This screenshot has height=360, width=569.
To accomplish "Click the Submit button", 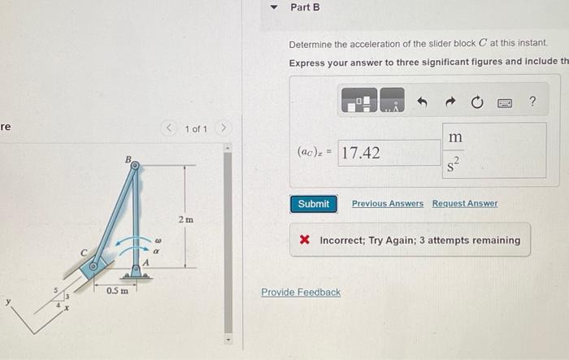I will [313, 204].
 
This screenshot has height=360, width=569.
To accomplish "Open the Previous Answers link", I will [387, 203].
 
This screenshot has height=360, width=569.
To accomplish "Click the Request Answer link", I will [465, 203].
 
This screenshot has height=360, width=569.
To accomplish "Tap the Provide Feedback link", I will [301, 292].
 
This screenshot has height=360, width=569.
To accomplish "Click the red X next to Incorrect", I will [304, 241].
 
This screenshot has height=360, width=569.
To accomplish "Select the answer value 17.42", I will [362, 153].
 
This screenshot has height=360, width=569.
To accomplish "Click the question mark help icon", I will [532, 102].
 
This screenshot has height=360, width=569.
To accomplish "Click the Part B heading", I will [305, 7].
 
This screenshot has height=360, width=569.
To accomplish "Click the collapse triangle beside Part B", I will [274, 7].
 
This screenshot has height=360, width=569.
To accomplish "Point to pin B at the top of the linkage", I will [135, 165].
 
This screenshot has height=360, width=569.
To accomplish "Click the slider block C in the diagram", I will [96, 265].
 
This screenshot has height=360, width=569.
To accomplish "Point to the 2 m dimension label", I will [185, 219].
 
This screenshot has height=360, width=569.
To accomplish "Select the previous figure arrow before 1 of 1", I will [169, 129].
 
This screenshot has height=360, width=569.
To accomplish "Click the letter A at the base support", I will [146, 262].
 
